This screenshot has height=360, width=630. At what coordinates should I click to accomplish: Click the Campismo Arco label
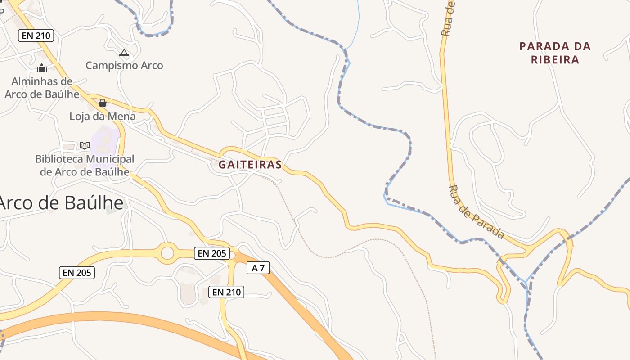(124, 66)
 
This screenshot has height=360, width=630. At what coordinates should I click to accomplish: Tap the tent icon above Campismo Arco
(124, 53)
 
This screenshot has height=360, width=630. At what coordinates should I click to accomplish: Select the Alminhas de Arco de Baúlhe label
(42, 88)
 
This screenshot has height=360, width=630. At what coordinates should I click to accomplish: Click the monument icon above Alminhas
(42, 68)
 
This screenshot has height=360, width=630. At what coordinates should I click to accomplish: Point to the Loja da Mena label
(102, 117)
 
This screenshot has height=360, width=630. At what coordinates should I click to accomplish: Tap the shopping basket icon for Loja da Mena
(103, 103)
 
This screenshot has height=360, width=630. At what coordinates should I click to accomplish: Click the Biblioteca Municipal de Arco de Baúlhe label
(85, 165)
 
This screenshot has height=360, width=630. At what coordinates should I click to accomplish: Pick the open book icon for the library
(85, 145)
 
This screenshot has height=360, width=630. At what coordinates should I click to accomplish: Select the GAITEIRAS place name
(250, 165)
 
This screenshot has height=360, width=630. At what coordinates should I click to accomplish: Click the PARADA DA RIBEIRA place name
(555, 53)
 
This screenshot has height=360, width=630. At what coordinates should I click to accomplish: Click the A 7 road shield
(258, 268)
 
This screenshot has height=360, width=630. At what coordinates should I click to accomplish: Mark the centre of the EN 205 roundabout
(167, 253)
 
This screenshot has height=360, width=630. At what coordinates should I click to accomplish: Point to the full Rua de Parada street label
(477, 212)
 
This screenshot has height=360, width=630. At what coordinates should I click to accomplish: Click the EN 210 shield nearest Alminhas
(36, 36)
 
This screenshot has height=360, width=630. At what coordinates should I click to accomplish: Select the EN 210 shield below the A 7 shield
(227, 292)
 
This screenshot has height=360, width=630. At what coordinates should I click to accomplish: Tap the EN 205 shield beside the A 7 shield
(212, 253)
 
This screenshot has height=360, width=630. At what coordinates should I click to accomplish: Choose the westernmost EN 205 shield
(77, 272)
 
